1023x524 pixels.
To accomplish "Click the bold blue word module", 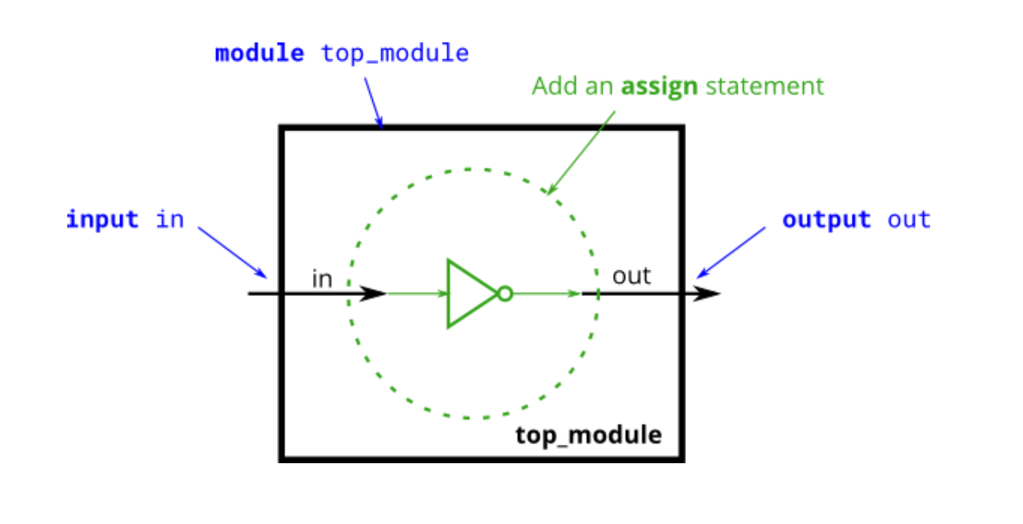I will click(259, 54).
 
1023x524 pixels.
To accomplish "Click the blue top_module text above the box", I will click(395, 54).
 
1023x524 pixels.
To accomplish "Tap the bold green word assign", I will click(660, 86).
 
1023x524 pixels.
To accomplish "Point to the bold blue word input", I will click(102, 219).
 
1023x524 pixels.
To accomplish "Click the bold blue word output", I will click(826, 219).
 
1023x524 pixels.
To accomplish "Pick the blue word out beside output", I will click(909, 219).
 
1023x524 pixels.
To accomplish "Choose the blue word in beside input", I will click(170, 219).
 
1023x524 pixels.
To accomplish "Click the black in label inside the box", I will click(321, 279).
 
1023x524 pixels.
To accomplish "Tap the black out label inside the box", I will click(632, 277).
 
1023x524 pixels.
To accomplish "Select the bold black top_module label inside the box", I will click(588, 435).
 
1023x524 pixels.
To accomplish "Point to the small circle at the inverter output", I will click(504, 294).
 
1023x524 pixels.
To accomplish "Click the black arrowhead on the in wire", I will click(374, 294).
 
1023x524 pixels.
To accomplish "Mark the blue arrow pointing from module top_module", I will click(373, 102).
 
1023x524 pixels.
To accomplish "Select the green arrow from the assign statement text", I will click(581, 151).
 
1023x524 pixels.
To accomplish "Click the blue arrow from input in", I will click(232, 251).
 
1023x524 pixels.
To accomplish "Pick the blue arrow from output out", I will click(731, 251).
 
